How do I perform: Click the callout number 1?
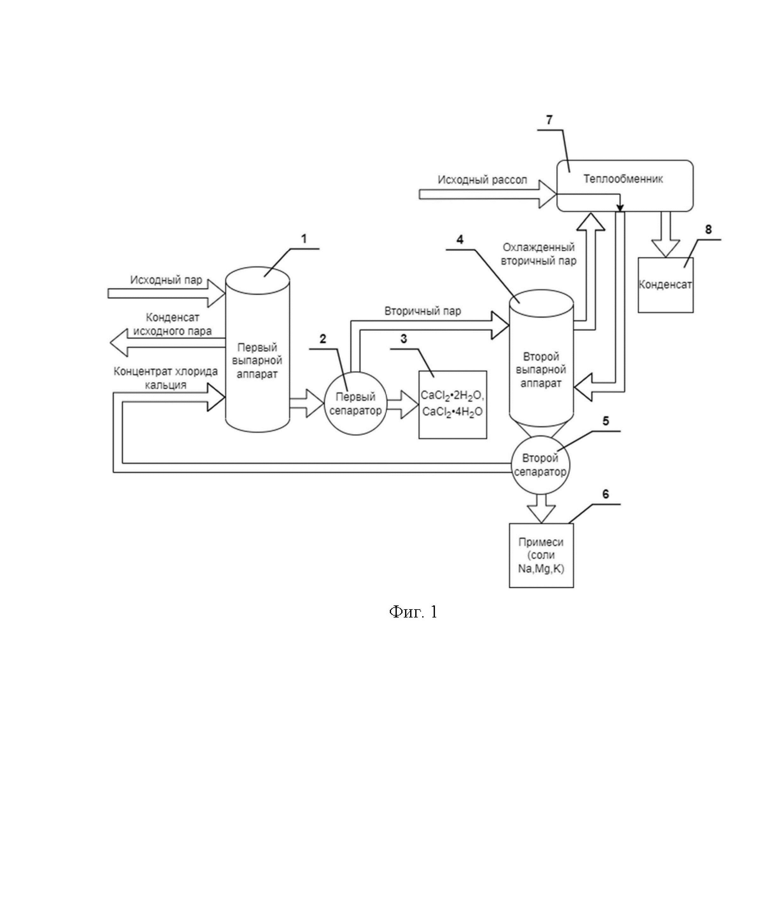coord(304,239)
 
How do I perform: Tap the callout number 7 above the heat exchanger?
coord(549,120)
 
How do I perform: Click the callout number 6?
coord(606,494)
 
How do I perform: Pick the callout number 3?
coord(404,339)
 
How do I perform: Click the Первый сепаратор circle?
coord(355,404)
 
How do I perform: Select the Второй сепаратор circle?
coord(540,465)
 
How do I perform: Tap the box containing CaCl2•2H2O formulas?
coord(452,404)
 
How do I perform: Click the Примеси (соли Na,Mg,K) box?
coord(541,555)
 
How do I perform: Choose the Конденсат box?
coord(665,285)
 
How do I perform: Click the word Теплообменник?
coord(623,179)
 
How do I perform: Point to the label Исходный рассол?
coord(482,180)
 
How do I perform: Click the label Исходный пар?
coord(166,280)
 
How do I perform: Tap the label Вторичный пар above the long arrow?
coord(423,311)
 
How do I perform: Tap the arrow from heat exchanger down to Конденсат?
coord(665,235)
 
